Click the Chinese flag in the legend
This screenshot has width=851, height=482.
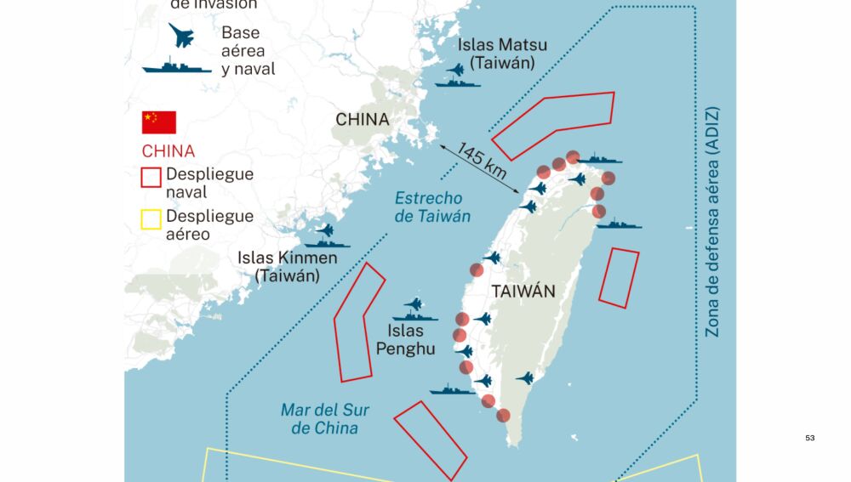click(x=158, y=122)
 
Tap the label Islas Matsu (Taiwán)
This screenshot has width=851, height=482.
click(x=502, y=54)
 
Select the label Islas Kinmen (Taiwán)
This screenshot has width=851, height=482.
click(x=288, y=266)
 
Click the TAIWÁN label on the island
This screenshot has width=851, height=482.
click(x=523, y=292)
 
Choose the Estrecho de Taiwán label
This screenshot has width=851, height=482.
click(x=432, y=207)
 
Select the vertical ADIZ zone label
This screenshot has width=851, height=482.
click(x=712, y=221)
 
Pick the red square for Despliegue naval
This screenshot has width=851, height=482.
click(x=151, y=177)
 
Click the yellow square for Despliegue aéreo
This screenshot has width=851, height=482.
click(x=151, y=220)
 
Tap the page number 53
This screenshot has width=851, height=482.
click(x=809, y=438)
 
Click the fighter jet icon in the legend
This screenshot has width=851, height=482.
click(x=181, y=36)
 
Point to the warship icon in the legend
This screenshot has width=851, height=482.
click(x=176, y=65)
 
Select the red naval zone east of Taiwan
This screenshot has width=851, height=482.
click(x=619, y=277)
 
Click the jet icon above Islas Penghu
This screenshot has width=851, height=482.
click(x=414, y=303)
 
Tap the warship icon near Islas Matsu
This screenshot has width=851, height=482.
click(x=457, y=82)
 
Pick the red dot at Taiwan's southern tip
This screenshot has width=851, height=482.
click(x=504, y=416)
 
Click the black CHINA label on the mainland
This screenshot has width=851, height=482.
click(x=363, y=120)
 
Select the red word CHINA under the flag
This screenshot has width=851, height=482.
click(x=168, y=152)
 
